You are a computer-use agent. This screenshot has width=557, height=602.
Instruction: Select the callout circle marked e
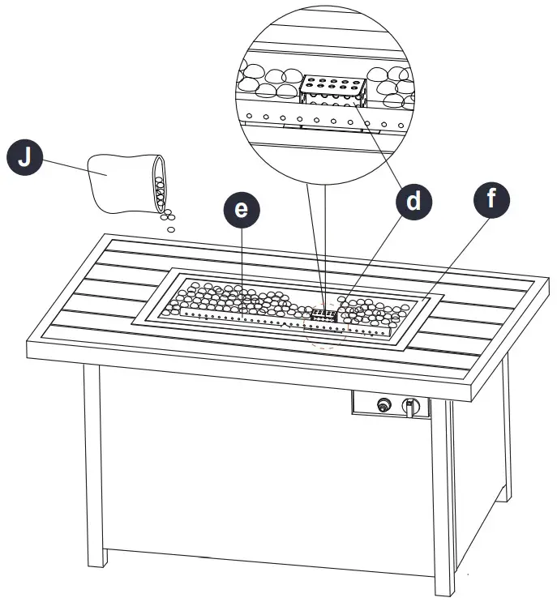[x=241, y=209]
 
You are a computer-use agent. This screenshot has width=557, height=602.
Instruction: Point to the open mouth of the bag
[x=161, y=183]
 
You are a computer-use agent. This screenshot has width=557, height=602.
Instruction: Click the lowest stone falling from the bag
[x=170, y=229]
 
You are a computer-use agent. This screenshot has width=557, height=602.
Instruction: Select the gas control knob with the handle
[x=413, y=405]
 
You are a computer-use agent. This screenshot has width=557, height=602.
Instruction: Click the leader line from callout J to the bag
[x=65, y=165]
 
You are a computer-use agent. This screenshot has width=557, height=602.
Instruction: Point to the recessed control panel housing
[x=391, y=403]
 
